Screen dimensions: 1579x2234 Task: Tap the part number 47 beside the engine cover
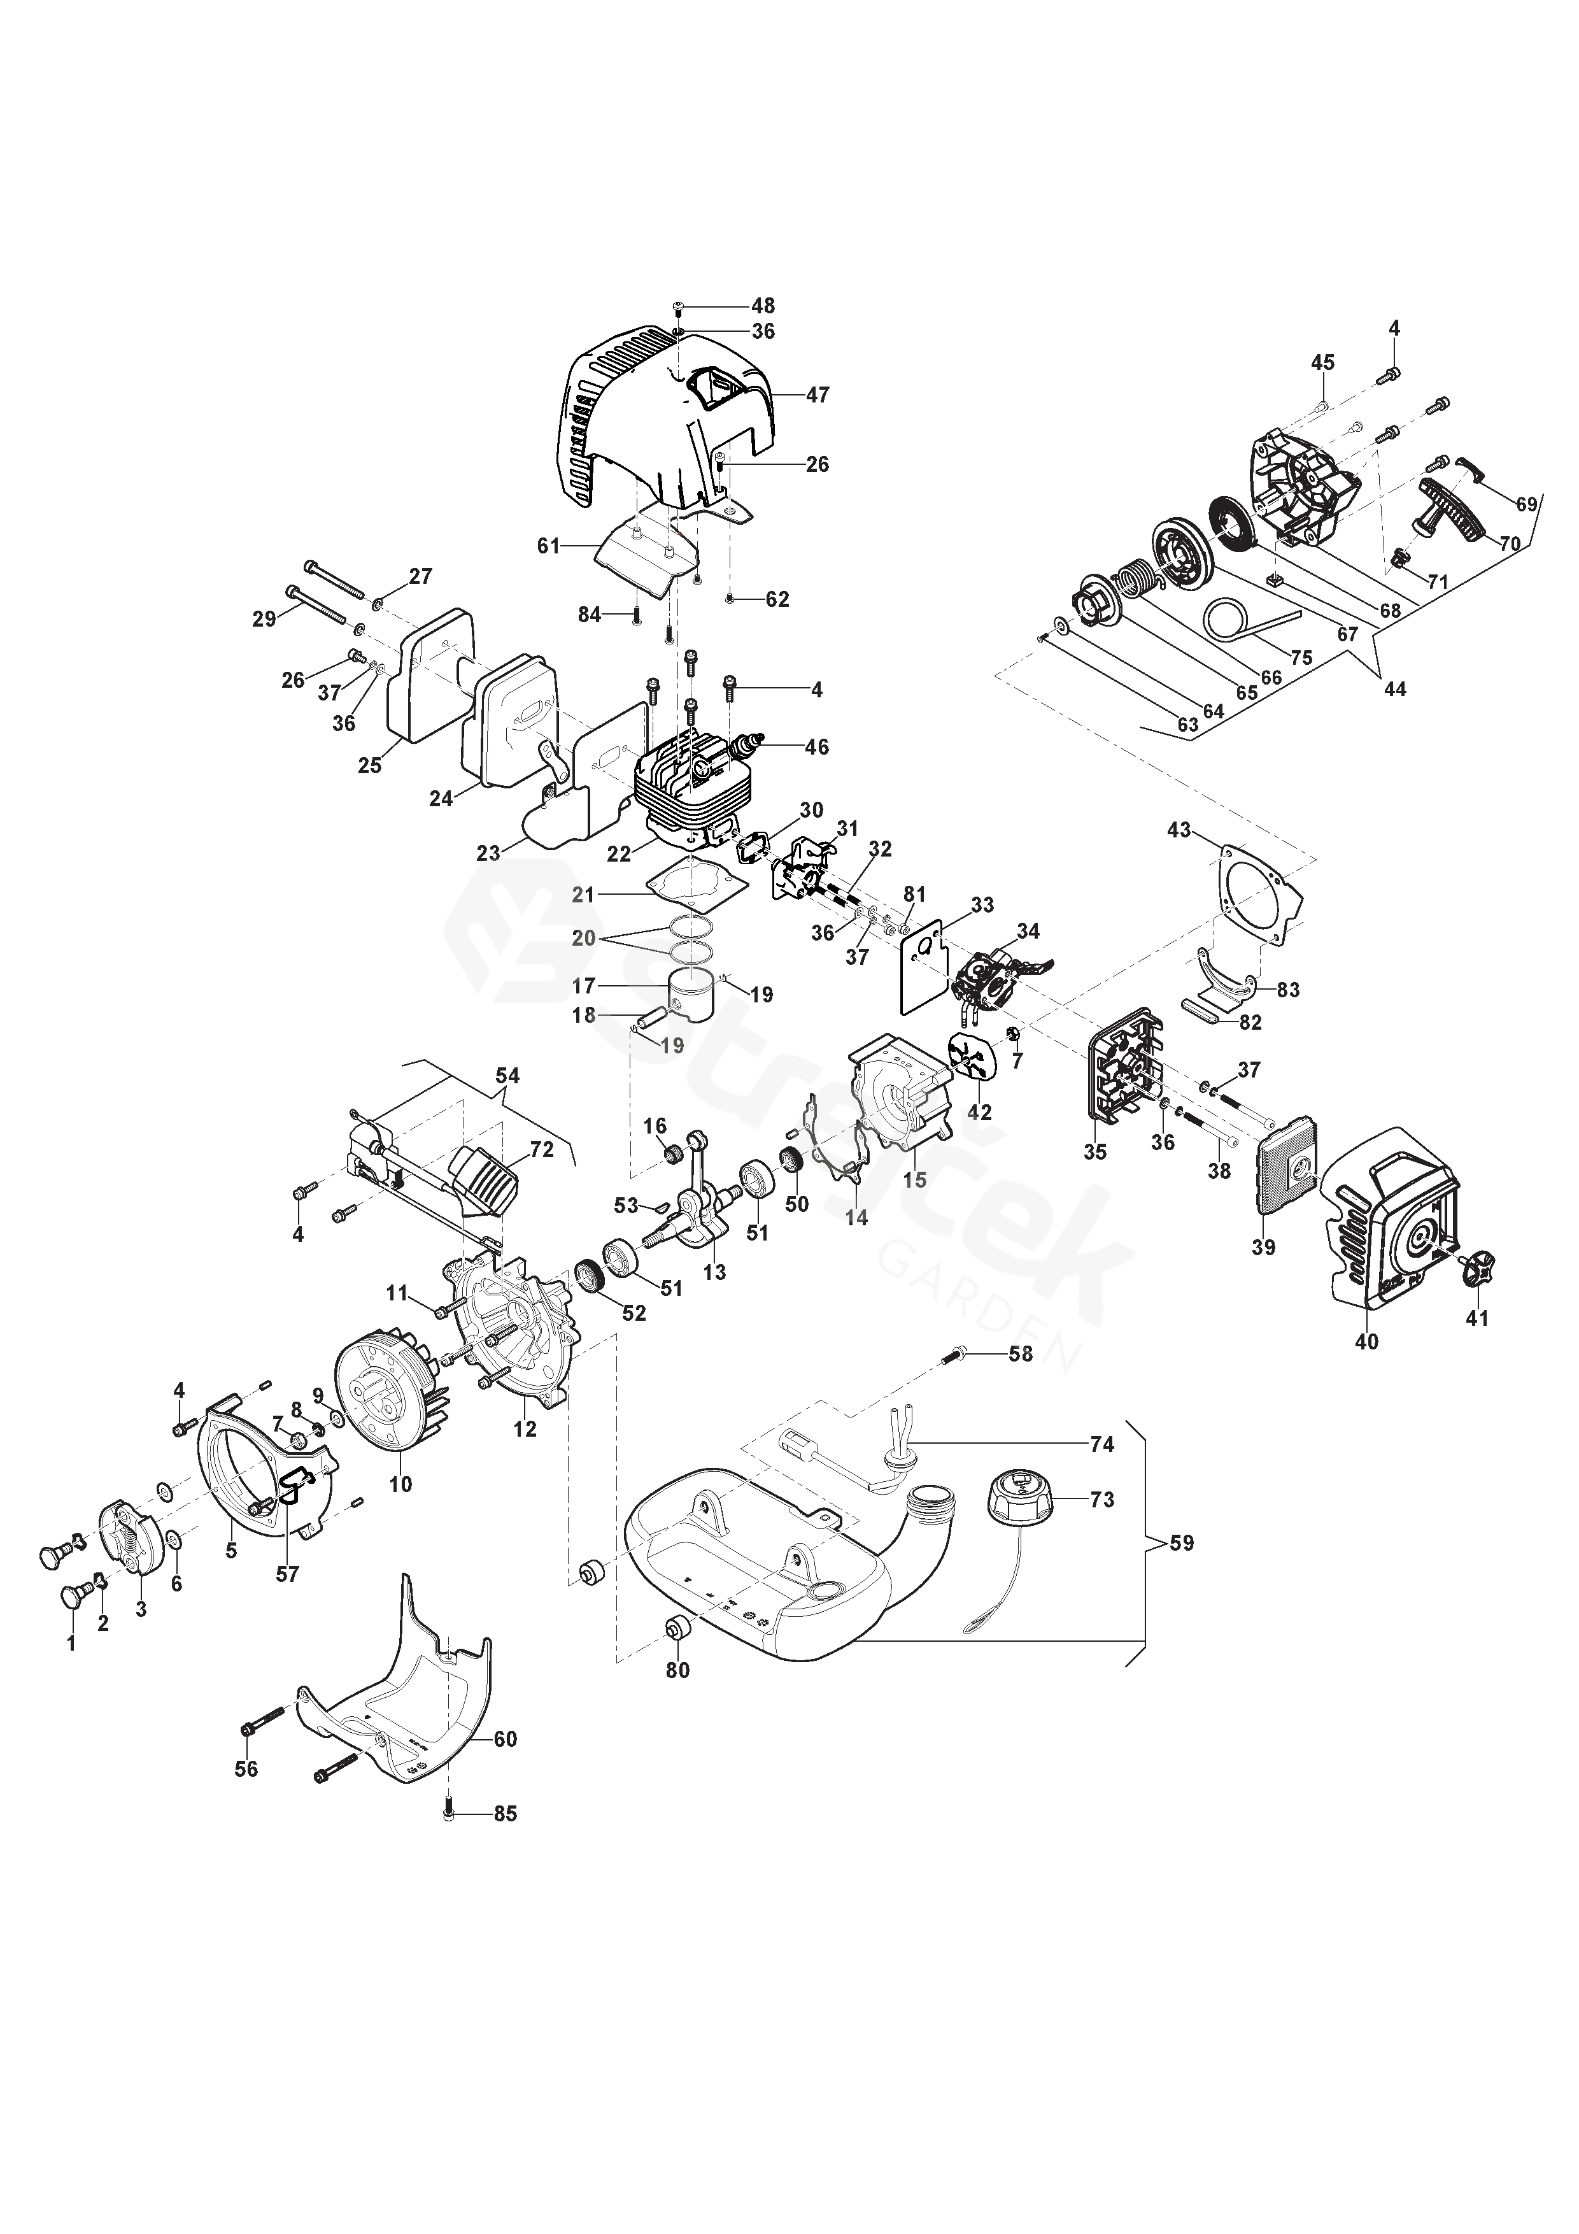818,395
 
